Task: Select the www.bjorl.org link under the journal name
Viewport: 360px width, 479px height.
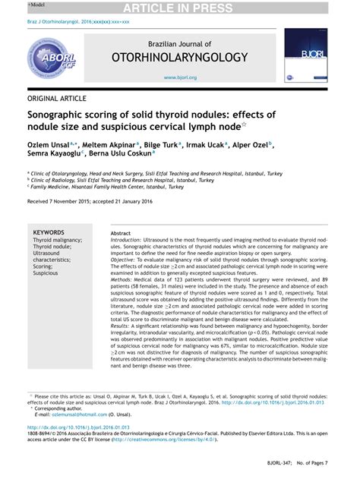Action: (x=180, y=77)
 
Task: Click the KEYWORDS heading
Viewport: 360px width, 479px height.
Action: (x=49, y=232)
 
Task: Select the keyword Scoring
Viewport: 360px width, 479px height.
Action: (x=44, y=266)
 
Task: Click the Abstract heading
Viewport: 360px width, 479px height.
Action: (x=121, y=233)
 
